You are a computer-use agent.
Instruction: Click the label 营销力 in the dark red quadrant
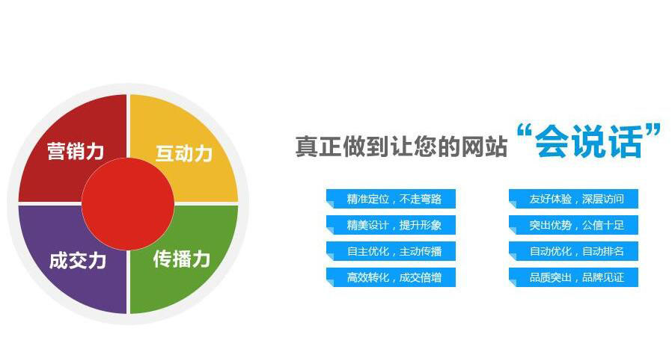click(x=76, y=151)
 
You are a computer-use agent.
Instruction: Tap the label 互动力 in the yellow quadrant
click(x=184, y=153)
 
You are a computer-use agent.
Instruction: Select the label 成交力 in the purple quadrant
click(x=78, y=260)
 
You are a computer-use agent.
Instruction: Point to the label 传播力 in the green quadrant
click(x=182, y=259)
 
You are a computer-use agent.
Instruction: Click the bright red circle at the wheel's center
click(x=128, y=203)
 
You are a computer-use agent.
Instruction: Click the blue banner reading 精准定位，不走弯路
click(x=391, y=199)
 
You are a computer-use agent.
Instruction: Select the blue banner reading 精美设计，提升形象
click(x=391, y=225)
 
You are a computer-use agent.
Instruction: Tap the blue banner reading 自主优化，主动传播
click(x=391, y=251)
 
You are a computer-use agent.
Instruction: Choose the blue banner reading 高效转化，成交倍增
click(x=391, y=277)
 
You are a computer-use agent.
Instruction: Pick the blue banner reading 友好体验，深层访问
click(x=573, y=199)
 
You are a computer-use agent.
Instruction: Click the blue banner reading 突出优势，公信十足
click(x=573, y=225)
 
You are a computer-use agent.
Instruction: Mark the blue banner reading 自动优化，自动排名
click(x=573, y=251)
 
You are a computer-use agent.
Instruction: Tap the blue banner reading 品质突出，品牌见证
click(x=573, y=277)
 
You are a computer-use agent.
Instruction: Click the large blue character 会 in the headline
click(x=552, y=142)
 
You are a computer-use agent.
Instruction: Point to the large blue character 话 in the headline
click(x=626, y=142)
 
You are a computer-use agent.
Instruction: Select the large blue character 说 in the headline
click(x=588, y=142)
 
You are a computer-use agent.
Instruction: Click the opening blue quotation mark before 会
click(x=524, y=131)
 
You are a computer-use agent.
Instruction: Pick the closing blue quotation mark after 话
click(x=653, y=131)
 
